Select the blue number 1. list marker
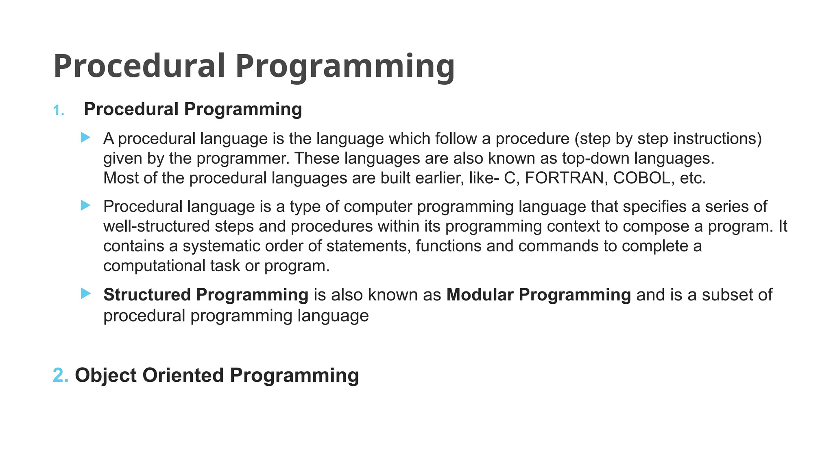click(59, 110)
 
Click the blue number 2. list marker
click(61, 375)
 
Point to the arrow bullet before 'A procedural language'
click(85, 138)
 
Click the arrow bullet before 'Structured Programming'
click(85, 294)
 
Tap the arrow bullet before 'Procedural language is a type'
click(85, 205)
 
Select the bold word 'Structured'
click(147, 295)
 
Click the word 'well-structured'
click(157, 226)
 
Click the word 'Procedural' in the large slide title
click(139, 66)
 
